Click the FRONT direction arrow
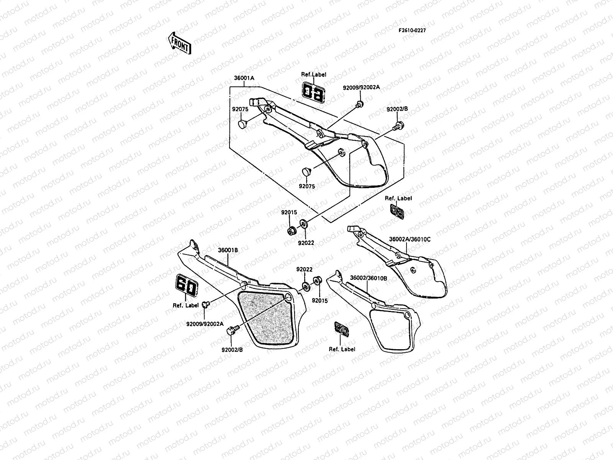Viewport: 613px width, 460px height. coord(179,43)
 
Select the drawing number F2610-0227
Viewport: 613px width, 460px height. coord(412,30)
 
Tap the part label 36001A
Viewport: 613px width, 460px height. coord(244,78)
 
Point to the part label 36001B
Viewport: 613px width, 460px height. coord(228,250)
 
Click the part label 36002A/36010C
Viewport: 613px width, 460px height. coord(410,239)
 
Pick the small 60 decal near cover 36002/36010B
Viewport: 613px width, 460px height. coord(342,329)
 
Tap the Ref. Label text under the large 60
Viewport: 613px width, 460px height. coord(186,306)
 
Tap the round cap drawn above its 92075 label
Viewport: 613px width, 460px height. coord(306,171)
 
